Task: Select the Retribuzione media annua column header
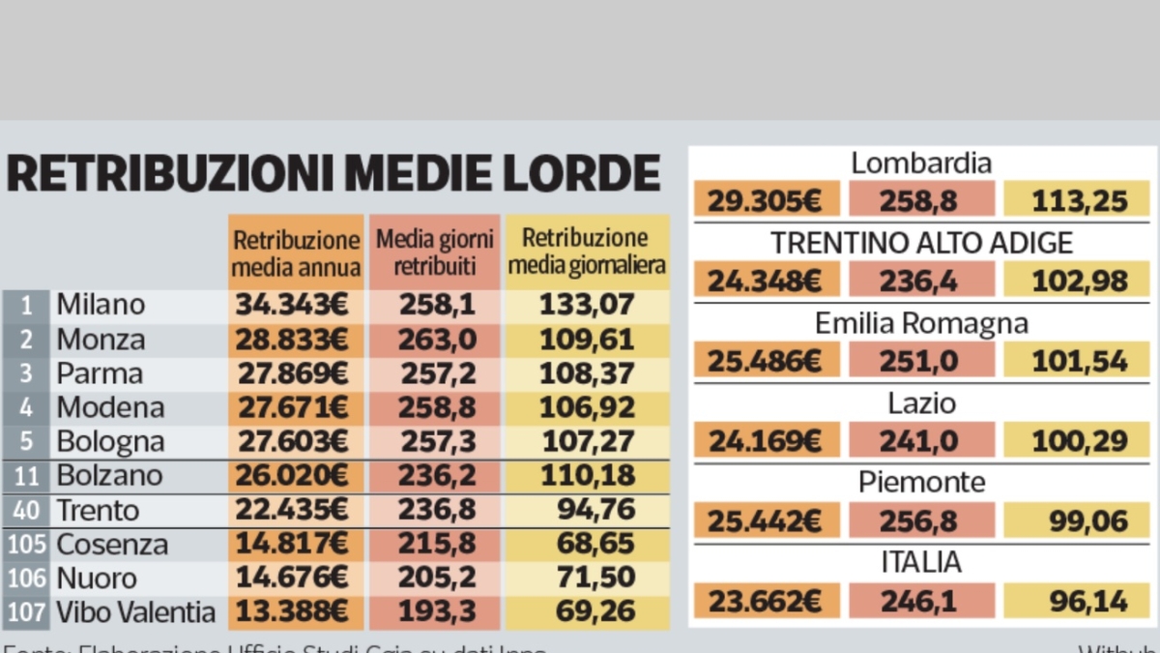(297, 252)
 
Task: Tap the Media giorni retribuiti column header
(434, 252)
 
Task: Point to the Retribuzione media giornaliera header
(587, 252)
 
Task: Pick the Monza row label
(101, 340)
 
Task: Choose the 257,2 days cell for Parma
(435, 374)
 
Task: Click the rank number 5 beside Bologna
(27, 442)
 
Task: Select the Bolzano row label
(108, 476)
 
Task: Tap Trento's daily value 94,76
(595, 510)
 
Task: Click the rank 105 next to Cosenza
(26, 544)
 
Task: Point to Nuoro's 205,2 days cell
(435, 579)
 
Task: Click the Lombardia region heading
(920, 163)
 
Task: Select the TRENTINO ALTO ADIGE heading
(920, 243)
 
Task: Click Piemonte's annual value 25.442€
(764, 522)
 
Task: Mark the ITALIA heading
(920, 562)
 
